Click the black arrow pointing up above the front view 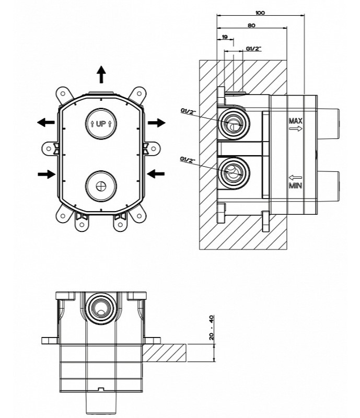pyautogui.click(x=101, y=75)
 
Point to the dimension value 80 pyautogui.click(x=251, y=24)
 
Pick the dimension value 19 pyautogui.click(x=225, y=38)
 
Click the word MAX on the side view pyautogui.click(x=296, y=122)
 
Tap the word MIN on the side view pyautogui.click(x=296, y=186)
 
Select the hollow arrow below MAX pyautogui.click(x=296, y=130)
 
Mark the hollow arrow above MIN pyautogui.click(x=296, y=178)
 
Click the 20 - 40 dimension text pyautogui.click(x=212, y=328)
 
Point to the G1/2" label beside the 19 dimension pyautogui.click(x=253, y=49)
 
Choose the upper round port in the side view pyautogui.click(x=234, y=124)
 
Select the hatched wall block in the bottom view pyautogui.click(x=166, y=353)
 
